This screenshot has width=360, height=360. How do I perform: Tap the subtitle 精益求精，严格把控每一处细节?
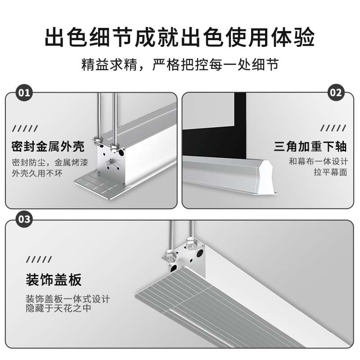[180, 64]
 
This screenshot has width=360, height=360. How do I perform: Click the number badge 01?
[23, 93]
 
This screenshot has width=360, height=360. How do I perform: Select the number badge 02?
[337, 93]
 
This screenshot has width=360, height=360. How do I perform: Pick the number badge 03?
[23, 220]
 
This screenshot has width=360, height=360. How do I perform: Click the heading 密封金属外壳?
[48, 147]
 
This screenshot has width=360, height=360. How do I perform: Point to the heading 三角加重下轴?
[310, 147]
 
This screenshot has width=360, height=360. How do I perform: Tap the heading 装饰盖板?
[54, 280]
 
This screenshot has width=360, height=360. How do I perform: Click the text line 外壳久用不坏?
[37, 173]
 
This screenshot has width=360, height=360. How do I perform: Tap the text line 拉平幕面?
[331, 172]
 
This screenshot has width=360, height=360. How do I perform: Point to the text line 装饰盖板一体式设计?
[67, 299]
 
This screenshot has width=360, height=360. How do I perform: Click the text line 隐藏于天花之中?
[59, 309]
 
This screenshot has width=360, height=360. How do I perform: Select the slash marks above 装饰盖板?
[38, 260]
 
